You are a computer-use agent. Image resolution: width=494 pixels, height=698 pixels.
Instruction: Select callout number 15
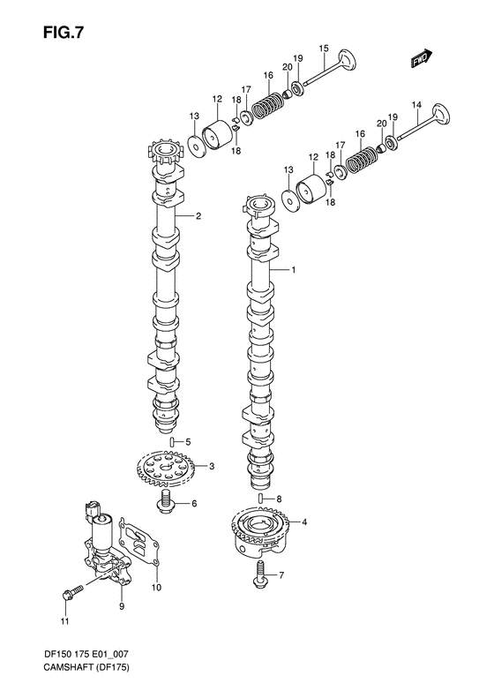[324, 49]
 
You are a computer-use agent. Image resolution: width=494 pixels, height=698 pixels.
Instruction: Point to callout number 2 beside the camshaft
[198, 216]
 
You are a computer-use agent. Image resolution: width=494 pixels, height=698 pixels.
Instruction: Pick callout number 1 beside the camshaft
[294, 271]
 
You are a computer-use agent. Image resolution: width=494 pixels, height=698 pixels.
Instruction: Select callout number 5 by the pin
[187, 441]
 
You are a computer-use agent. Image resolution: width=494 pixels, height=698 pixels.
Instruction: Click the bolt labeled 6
[165, 505]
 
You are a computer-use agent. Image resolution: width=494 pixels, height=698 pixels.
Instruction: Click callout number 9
[121, 607]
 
